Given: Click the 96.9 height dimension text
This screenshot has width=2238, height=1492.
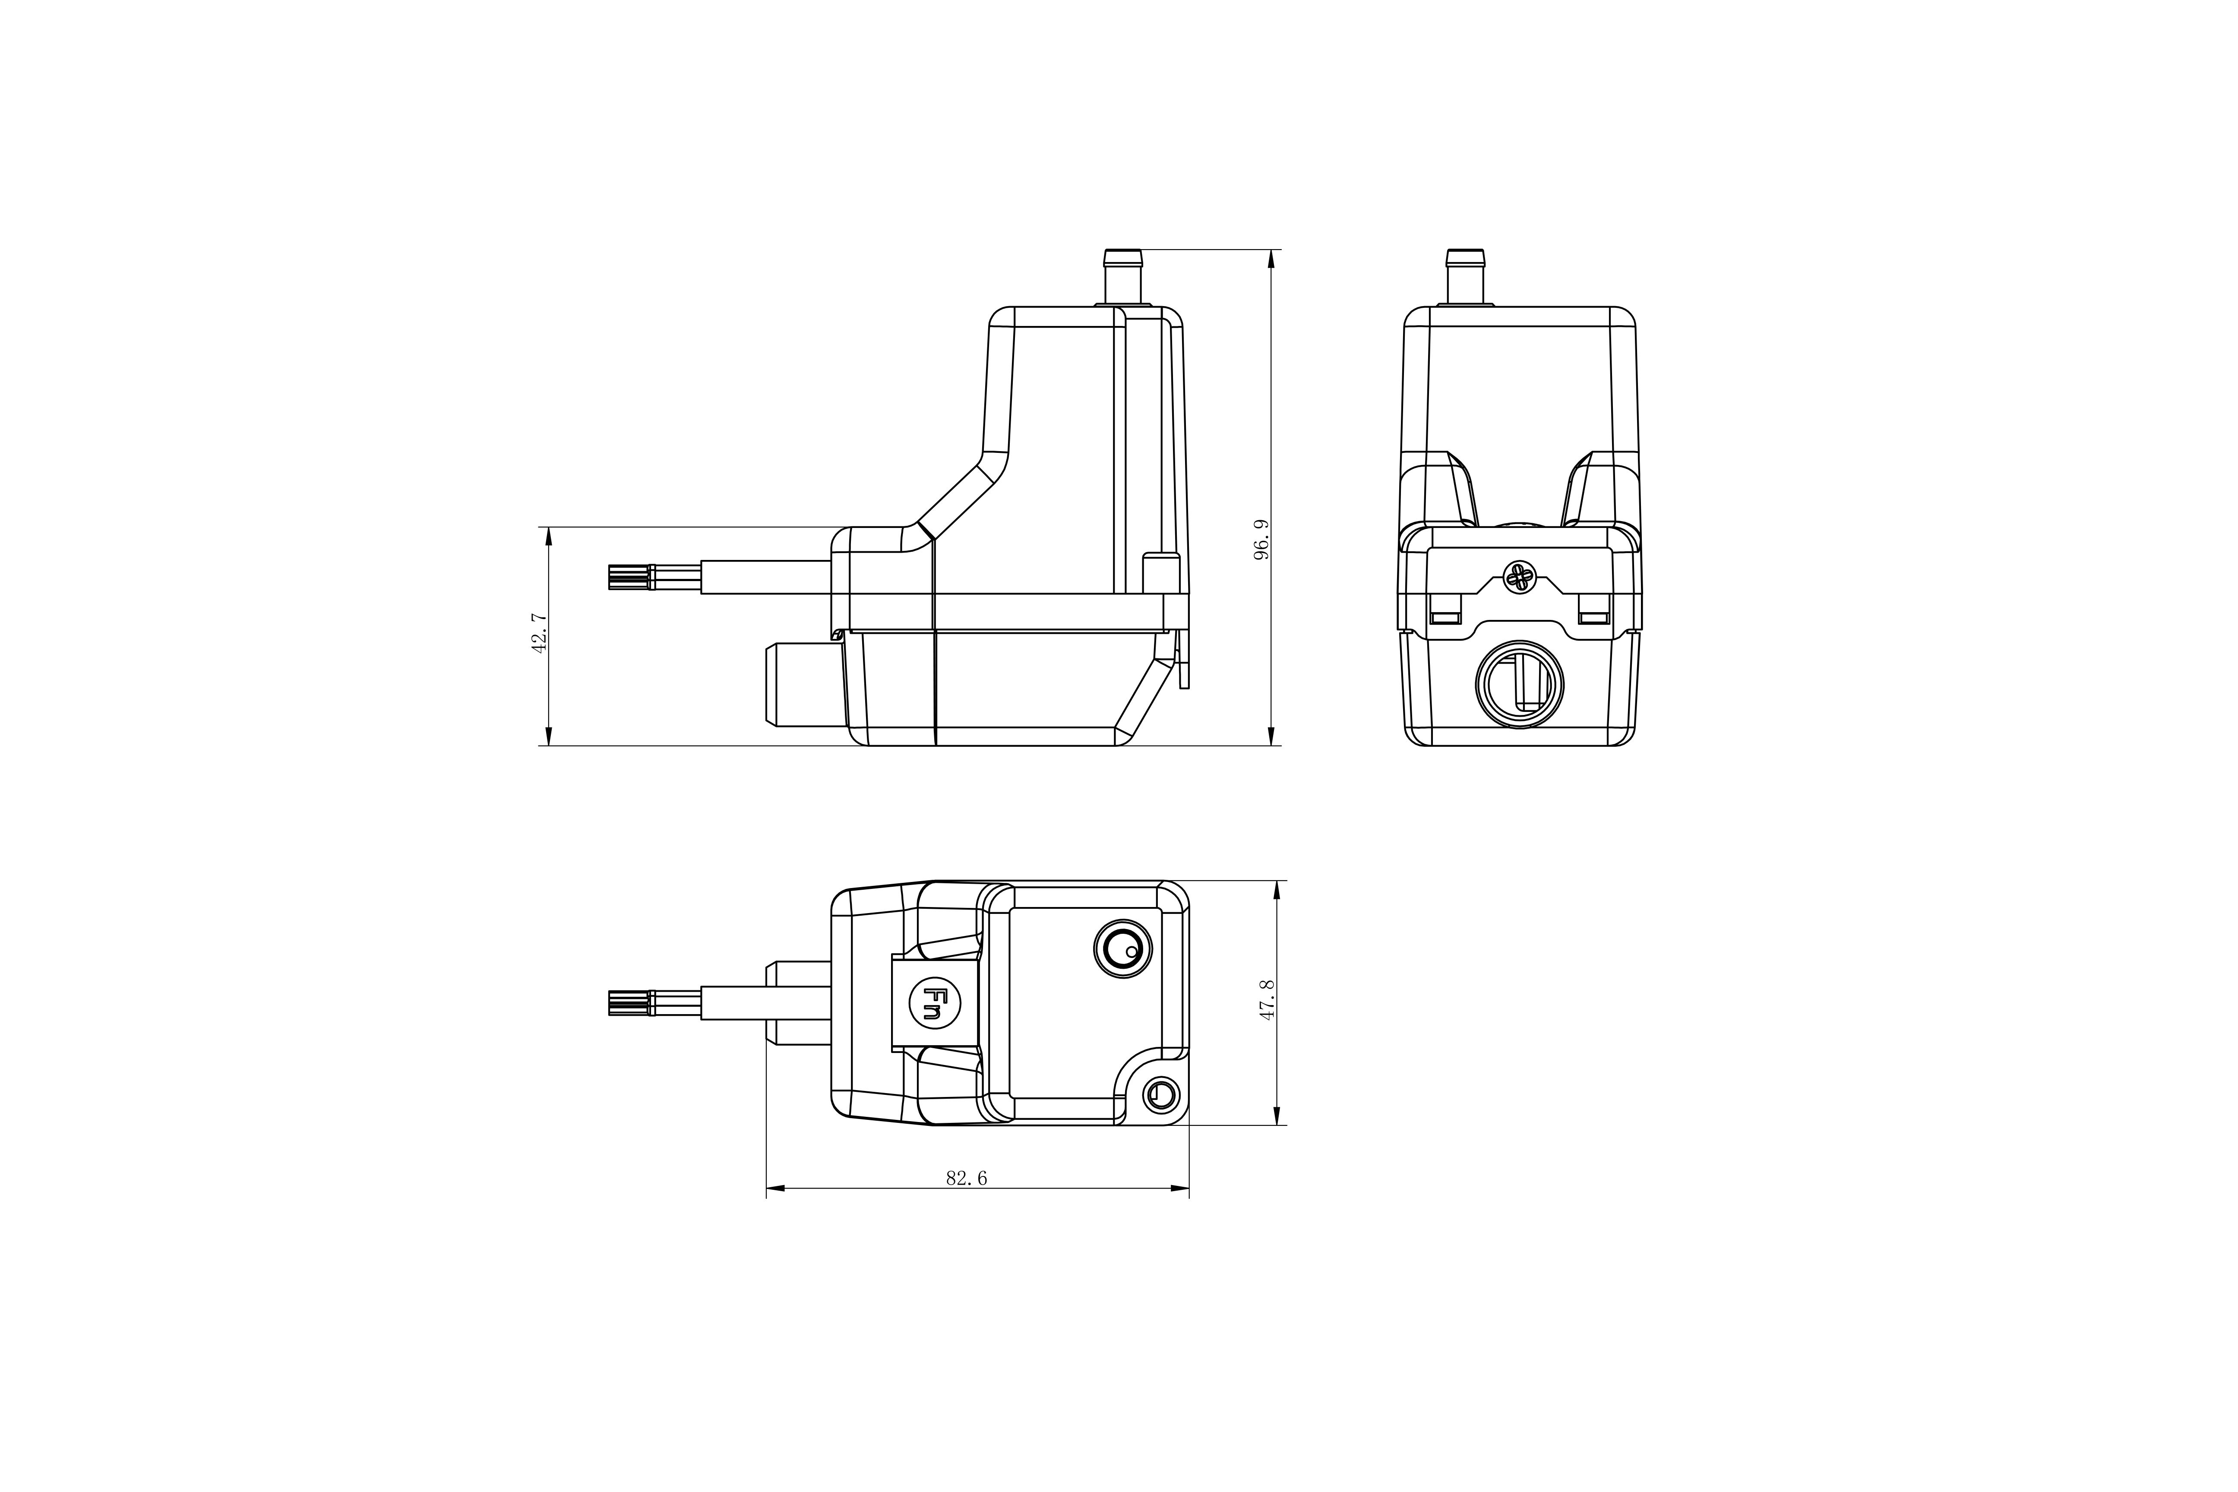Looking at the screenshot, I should click(x=1261, y=540).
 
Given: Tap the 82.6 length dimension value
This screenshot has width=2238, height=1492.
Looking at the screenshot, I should click(x=966, y=1178).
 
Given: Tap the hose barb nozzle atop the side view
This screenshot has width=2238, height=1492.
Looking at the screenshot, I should click(x=1123, y=276).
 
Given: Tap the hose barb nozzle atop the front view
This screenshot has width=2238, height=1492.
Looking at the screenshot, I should click(x=1465, y=276).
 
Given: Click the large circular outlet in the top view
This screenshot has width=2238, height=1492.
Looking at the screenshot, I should click(x=1123, y=948).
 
